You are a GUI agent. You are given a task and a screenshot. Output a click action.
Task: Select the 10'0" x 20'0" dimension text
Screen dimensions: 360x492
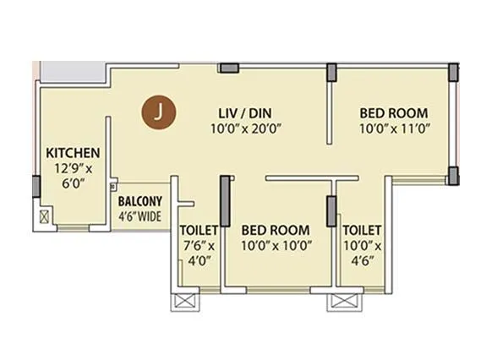245,129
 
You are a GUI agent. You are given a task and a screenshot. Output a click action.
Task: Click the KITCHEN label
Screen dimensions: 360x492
73,153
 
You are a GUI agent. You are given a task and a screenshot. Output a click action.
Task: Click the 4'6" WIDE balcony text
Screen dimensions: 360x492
139,215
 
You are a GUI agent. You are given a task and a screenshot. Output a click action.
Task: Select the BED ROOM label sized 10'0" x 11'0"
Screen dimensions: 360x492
393,112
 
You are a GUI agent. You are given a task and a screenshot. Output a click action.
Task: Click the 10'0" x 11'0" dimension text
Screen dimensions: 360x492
393,129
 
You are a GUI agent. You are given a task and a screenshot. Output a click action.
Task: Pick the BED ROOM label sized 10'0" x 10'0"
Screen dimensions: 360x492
275,230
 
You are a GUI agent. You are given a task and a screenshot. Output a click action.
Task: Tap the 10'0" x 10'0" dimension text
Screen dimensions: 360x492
275,246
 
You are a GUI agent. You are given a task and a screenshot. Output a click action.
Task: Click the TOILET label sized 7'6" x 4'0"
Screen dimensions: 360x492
199,230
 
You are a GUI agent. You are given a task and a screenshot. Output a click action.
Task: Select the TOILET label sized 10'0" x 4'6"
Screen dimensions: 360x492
362,230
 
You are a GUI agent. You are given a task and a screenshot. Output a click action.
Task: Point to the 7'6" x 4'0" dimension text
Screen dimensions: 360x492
199,254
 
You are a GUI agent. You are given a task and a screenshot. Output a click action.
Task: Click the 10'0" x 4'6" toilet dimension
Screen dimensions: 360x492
362,254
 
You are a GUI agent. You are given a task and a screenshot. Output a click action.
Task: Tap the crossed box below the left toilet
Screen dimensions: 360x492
183,301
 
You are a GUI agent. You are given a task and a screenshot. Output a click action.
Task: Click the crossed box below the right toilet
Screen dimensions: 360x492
341,301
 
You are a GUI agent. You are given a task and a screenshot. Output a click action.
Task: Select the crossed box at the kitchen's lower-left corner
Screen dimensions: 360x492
43,215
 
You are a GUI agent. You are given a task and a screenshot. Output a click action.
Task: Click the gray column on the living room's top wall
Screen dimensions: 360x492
227,68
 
